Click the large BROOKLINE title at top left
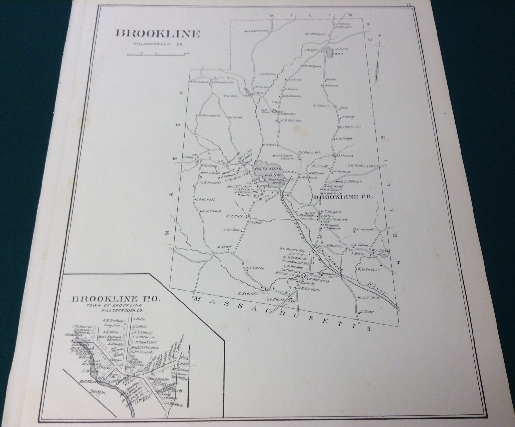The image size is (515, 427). (158, 34)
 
